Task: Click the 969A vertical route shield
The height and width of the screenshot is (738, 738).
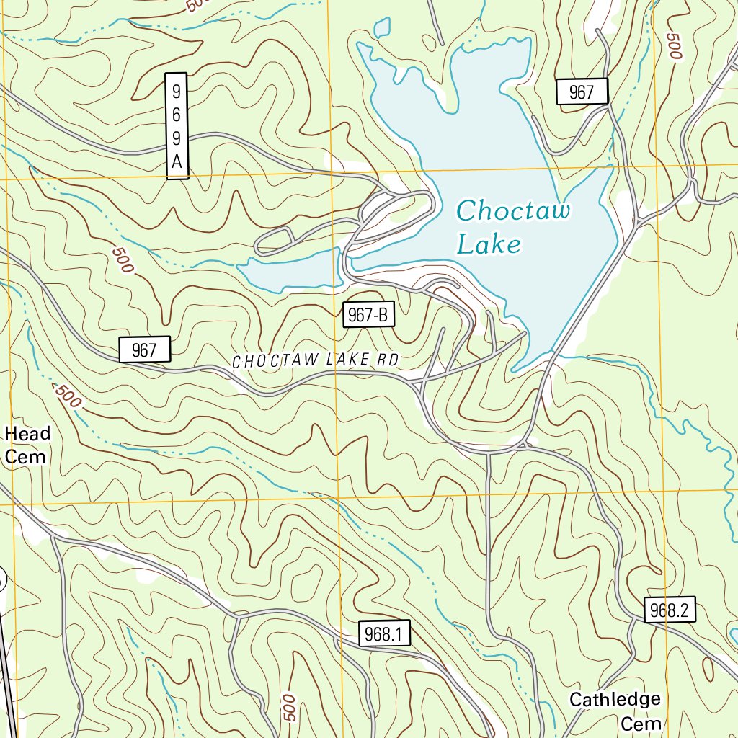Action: pyautogui.click(x=176, y=125)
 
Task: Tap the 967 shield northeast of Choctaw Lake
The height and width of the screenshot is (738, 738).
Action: pyautogui.click(x=582, y=92)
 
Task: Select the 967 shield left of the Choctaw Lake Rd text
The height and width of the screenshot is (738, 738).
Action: pyautogui.click(x=144, y=350)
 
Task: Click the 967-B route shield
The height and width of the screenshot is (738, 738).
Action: pyautogui.click(x=368, y=315)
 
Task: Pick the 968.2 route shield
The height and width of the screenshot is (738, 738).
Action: pyautogui.click(x=670, y=611)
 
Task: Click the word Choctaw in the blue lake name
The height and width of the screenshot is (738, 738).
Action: pyautogui.click(x=513, y=212)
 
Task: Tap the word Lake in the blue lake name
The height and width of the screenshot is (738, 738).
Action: pyautogui.click(x=489, y=245)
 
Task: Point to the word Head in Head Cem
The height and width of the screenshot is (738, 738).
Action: pyautogui.click(x=27, y=433)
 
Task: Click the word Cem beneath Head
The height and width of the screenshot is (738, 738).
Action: pyautogui.click(x=26, y=457)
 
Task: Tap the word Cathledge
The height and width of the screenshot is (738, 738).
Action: pyautogui.click(x=614, y=699)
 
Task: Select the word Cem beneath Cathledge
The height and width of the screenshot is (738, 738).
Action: pyautogui.click(x=641, y=723)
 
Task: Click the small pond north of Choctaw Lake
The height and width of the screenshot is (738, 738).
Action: pyautogui.click(x=381, y=27)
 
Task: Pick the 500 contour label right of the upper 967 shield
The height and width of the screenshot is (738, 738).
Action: pyautogui.click(x=674, y=46)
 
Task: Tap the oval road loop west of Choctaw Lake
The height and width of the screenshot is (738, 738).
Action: pyautogui.click(x=274, y=240)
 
